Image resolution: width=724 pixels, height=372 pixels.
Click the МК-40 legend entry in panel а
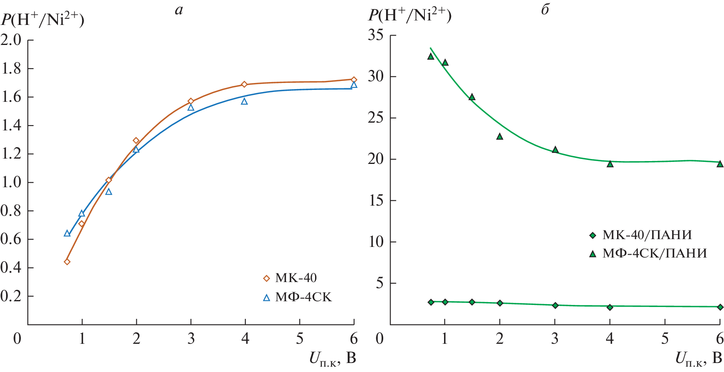pyautogui.click(x=295, y=278)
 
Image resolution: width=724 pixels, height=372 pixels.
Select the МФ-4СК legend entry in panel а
pyautogui.click(x=303, y=297)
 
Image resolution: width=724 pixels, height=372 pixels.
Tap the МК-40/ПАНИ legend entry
pyautogui.click(x=646, y=235)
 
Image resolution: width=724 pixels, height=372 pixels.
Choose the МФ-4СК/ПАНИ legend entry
pyautogui.click(x=654, y=253)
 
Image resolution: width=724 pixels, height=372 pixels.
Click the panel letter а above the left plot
pyautogui.click(x=179, y=10)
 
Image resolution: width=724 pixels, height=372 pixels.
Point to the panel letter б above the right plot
pyautogui.click(x=545, y=10)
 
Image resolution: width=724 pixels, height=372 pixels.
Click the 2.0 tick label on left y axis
pyautogui.click(x=11, y=40)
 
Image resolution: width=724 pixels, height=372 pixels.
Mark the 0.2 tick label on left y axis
pyautogui.click(x=11, y=296)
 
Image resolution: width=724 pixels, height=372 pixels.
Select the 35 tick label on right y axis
pyautogui.click(x=375, y=35)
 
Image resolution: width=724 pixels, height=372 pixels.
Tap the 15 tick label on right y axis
pyautogui.click(x=375, y=200)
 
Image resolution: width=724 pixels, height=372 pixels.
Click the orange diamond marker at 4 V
pyautogui.click(x=244, y=85)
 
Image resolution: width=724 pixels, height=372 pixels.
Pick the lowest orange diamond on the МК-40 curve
pyautogui.click(x=67, y=262)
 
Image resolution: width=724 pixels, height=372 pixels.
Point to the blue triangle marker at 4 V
pyautogui.click(x=244, y=101)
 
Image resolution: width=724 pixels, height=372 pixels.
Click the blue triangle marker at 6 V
pyautogui.click(x=354, y=85)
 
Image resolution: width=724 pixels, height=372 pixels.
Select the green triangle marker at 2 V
pyautogui.click(x=500, y=137)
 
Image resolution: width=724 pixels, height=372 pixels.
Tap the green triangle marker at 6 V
pyautogui.click(x=720, y=164)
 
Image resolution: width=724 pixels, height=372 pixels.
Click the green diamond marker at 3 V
pyautogui.click(x=555, y=305)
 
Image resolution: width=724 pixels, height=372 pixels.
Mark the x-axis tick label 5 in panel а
pyautogui.click(x=300, y=338)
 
